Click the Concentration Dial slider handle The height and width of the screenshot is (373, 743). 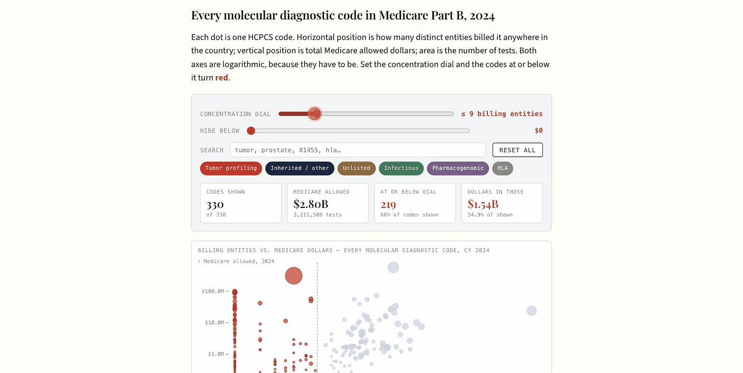click(314, 114)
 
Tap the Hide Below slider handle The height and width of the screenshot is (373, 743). click(251, 131)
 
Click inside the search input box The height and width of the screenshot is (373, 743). click(358, 150)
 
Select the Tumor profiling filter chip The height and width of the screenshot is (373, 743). click(231, 169)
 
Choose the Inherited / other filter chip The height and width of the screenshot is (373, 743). click(300, 169)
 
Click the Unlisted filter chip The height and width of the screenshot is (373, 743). click(357, 169)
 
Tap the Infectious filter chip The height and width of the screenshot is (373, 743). click(401, 169)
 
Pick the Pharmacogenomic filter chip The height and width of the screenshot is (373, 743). click(458, 169)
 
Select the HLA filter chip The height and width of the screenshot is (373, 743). click(503, 169)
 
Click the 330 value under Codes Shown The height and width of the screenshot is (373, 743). click(215, 204)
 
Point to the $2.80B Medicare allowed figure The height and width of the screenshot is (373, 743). click(311, 204)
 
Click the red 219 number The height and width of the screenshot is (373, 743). click(388, 204)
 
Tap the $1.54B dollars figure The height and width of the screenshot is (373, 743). click(483, 204)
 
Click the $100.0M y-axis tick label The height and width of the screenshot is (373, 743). click(213, 291)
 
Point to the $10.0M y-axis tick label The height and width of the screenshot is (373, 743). click(215, 322)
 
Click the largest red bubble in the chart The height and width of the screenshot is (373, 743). click(293, 276)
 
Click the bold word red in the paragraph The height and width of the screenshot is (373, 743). click(221, 78)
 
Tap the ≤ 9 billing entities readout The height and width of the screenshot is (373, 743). click(502, 114)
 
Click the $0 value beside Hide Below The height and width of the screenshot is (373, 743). click(539, 131)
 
